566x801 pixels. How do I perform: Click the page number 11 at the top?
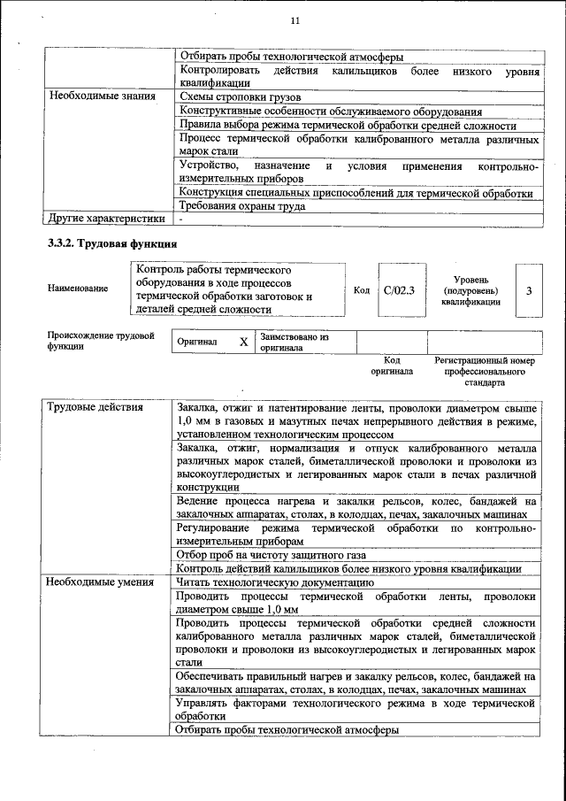(x=295, y=20)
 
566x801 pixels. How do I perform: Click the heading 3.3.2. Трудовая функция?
(x=112, y=244)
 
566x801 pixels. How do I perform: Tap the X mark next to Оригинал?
(x=243, y=342)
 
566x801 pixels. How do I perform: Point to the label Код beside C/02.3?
(x=361, y=289)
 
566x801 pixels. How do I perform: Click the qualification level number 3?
(x=528, y=289)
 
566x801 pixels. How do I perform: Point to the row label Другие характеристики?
(x=106, y=219)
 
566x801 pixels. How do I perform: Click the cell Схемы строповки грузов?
(x=240, y=96)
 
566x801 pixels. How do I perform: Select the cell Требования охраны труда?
(x=241, y=206)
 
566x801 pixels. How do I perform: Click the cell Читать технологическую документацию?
(x=274, y=582)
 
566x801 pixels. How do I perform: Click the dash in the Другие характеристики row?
(x=180, y=219)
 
